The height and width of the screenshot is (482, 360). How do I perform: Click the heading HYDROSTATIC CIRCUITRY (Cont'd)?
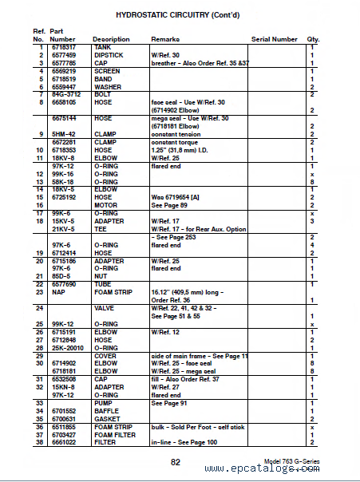pyautogui.click(x=180, y=14)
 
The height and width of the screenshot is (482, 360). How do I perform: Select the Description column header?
pyautogui.click(x=111, y=38)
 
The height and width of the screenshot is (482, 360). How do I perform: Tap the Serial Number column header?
pyautogui.click(x=274, y=38)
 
